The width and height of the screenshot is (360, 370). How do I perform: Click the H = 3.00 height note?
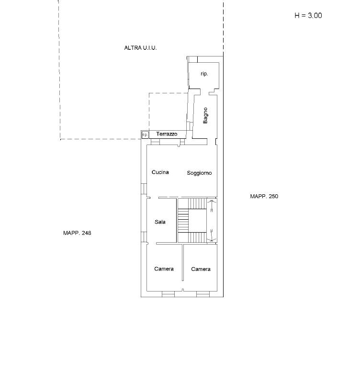308,16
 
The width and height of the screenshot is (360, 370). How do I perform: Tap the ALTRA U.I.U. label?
140,48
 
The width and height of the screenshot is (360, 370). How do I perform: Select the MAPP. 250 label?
264,196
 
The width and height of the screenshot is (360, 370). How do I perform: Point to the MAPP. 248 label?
77,233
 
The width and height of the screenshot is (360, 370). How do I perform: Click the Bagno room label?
205,115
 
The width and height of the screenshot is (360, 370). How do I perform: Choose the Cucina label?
160,172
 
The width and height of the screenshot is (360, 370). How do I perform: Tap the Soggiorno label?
199,173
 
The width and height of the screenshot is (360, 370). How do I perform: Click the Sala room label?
160,222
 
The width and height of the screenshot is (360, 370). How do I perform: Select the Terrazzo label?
167,134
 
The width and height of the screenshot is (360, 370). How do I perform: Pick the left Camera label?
164,269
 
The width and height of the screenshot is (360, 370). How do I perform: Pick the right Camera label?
201,269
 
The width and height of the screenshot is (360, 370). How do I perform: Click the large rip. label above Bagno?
204,74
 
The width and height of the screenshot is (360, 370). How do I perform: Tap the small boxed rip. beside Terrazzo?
145,135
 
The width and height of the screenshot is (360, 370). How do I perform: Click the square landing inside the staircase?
198,221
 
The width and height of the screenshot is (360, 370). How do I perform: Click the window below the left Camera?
169,294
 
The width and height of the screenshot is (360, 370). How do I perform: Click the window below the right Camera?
203,294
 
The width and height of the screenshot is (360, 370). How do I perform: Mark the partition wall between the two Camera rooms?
183,262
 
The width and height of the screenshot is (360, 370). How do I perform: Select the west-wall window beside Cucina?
144,189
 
